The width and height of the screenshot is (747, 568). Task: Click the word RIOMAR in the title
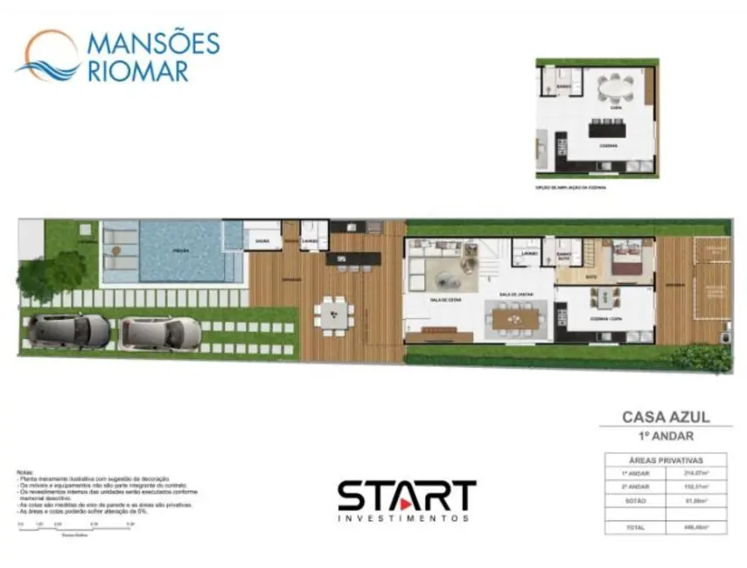138,71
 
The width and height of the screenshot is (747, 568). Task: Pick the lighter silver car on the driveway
160,332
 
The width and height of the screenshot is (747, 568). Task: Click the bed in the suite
627,260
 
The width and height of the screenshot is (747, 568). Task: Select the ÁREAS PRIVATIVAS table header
667,459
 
